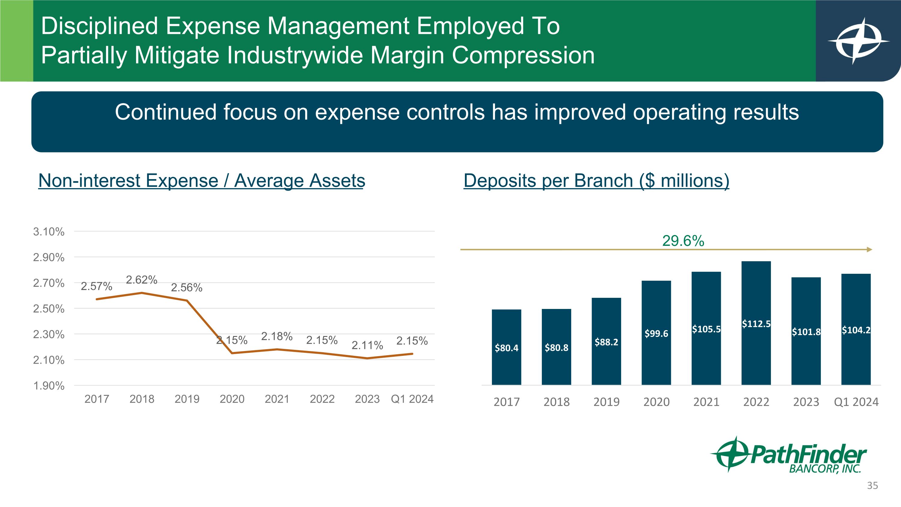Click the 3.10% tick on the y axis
pos(49,232)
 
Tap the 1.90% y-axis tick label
pos(49,386)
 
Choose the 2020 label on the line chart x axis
pos(232,399)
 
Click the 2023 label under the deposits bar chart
pos(806,402)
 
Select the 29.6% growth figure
pos(683,241)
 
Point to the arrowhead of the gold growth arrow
pos(869,249)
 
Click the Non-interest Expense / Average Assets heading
pos(202,181)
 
